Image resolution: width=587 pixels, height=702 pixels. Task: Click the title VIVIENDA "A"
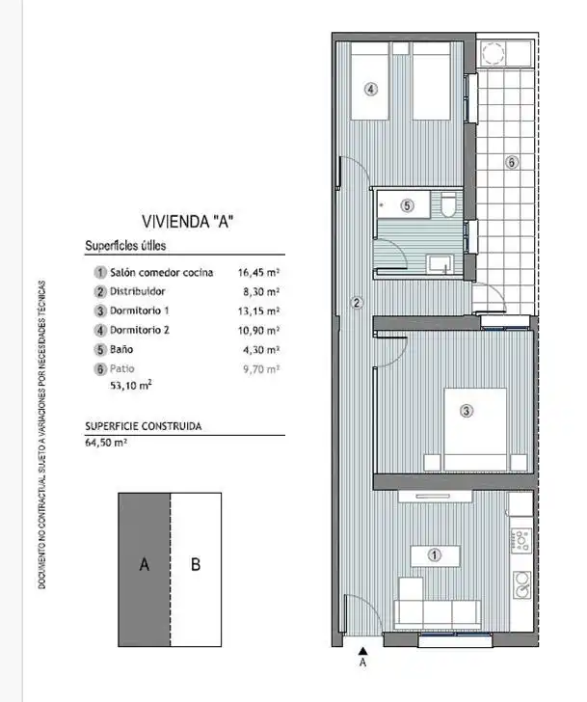(x=188, y=221)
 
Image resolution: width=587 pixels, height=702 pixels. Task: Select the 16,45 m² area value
(x=258, y=272)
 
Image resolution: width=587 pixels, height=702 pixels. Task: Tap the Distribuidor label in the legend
(x=138, y=291)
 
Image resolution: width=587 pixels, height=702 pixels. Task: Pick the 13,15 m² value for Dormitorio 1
(x=258, y=310)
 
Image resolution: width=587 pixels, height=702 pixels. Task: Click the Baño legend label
(x=121, y=349)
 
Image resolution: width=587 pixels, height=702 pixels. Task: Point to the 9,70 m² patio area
(x=261, y=369)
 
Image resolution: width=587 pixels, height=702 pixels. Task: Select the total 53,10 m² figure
(x=131, y=385)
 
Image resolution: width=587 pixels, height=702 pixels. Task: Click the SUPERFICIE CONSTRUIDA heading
(x=144, y=426)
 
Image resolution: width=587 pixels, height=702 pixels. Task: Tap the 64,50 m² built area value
(x=106, y=443)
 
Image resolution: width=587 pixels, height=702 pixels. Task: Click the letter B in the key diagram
(x=196, y=564)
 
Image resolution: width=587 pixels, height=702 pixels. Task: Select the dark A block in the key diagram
(x=144, y=570)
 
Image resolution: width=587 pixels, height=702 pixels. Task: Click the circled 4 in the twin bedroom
(x=370, y=89)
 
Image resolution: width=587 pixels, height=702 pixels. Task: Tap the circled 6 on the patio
(x=512, y=162)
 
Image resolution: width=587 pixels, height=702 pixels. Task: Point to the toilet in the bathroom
(x=448, y=205)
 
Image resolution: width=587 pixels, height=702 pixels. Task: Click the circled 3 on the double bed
(x=467, y=411)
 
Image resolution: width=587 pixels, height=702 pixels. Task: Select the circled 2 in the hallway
(x=357, y=303)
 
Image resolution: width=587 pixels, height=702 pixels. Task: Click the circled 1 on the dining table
(x=435, y=555)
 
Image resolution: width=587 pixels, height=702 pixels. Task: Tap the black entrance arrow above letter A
(x=363, y=651)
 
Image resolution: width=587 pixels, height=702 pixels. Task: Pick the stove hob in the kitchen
(x=520, y=540)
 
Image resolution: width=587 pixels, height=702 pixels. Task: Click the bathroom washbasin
(x=440, y=263)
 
